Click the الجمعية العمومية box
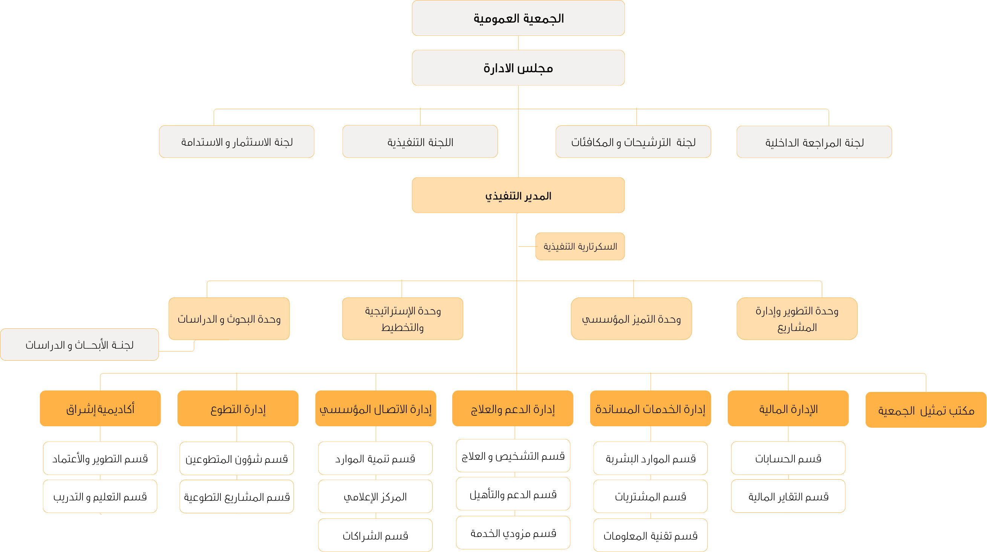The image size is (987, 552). pos(518,18)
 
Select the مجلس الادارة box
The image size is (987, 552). pos(518,68)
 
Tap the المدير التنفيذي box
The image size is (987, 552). pos(518,195)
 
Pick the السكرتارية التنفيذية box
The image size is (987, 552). pos(580,246)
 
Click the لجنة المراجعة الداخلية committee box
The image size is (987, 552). pos(814,142)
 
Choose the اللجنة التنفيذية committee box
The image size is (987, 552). pos(420,141)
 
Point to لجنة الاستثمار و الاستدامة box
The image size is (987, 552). pos(236,142)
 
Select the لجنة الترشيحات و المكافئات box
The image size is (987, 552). pos(633,142)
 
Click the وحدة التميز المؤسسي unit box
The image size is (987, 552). pos(631,319)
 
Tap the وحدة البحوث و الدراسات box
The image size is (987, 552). pos(229,319)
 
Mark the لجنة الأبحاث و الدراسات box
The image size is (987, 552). pos(79,345)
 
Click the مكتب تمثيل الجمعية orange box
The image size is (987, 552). pos(926,410)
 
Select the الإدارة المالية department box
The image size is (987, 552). pos(788,409)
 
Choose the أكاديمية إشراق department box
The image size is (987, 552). pos(100,409)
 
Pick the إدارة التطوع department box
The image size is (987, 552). pos(237,409)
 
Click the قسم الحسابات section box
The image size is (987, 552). pos(788,458)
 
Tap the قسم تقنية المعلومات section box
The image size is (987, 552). pos(650,535)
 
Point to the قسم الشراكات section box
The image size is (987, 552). pos(375,535)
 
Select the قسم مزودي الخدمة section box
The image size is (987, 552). pos(513,532)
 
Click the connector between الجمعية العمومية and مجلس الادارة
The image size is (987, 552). pos(518,43)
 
